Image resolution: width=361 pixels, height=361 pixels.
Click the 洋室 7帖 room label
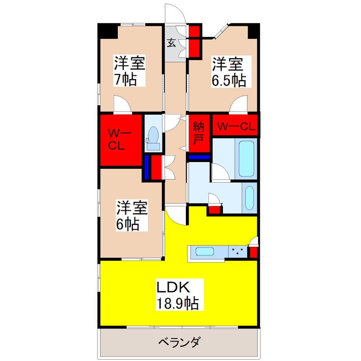(x=129, y=71)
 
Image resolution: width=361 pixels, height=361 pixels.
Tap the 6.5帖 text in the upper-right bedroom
(x=229, y=80)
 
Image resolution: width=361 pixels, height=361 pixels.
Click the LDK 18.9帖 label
(x=177, y=294)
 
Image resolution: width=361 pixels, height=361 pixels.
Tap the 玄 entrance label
(x=172, y=43)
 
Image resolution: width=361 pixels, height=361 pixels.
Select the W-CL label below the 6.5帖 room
(x=234, y=127)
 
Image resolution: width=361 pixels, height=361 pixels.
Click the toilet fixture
(x=153, y=136)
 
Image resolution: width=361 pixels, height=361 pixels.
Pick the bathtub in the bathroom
(x=247, y=159)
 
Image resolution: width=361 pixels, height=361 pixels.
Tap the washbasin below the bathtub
(x=249, y=197)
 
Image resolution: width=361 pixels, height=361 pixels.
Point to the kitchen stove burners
(x=237, y=251)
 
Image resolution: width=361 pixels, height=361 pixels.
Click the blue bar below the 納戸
(x=199, y=157)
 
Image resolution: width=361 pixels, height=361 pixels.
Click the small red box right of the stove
(x=253, y=252)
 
